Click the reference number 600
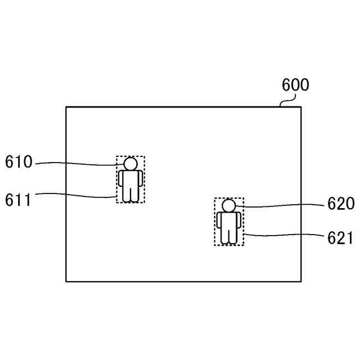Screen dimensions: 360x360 click(295, 85)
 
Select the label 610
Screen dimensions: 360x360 click(19, 163)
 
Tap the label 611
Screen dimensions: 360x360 click(19, 199)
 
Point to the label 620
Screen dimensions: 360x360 click(341, 204)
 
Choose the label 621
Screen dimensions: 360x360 click(341, 238)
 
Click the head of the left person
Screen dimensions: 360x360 click(130, 164)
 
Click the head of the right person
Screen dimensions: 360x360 click(228, 206)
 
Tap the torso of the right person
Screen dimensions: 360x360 click(228, 222)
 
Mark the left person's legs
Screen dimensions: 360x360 click(130, 195)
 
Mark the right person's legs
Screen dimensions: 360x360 click(228, 236)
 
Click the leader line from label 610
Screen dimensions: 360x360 click(79, 164)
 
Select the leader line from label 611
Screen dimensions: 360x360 click(79, 195)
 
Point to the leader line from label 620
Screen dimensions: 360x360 click(281, 206)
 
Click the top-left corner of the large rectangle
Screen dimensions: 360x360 click(66, 107)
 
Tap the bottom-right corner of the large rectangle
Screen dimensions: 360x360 click(301, 281)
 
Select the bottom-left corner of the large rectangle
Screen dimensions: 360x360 click(66, 281)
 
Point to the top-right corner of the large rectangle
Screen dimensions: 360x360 click(301, 107)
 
